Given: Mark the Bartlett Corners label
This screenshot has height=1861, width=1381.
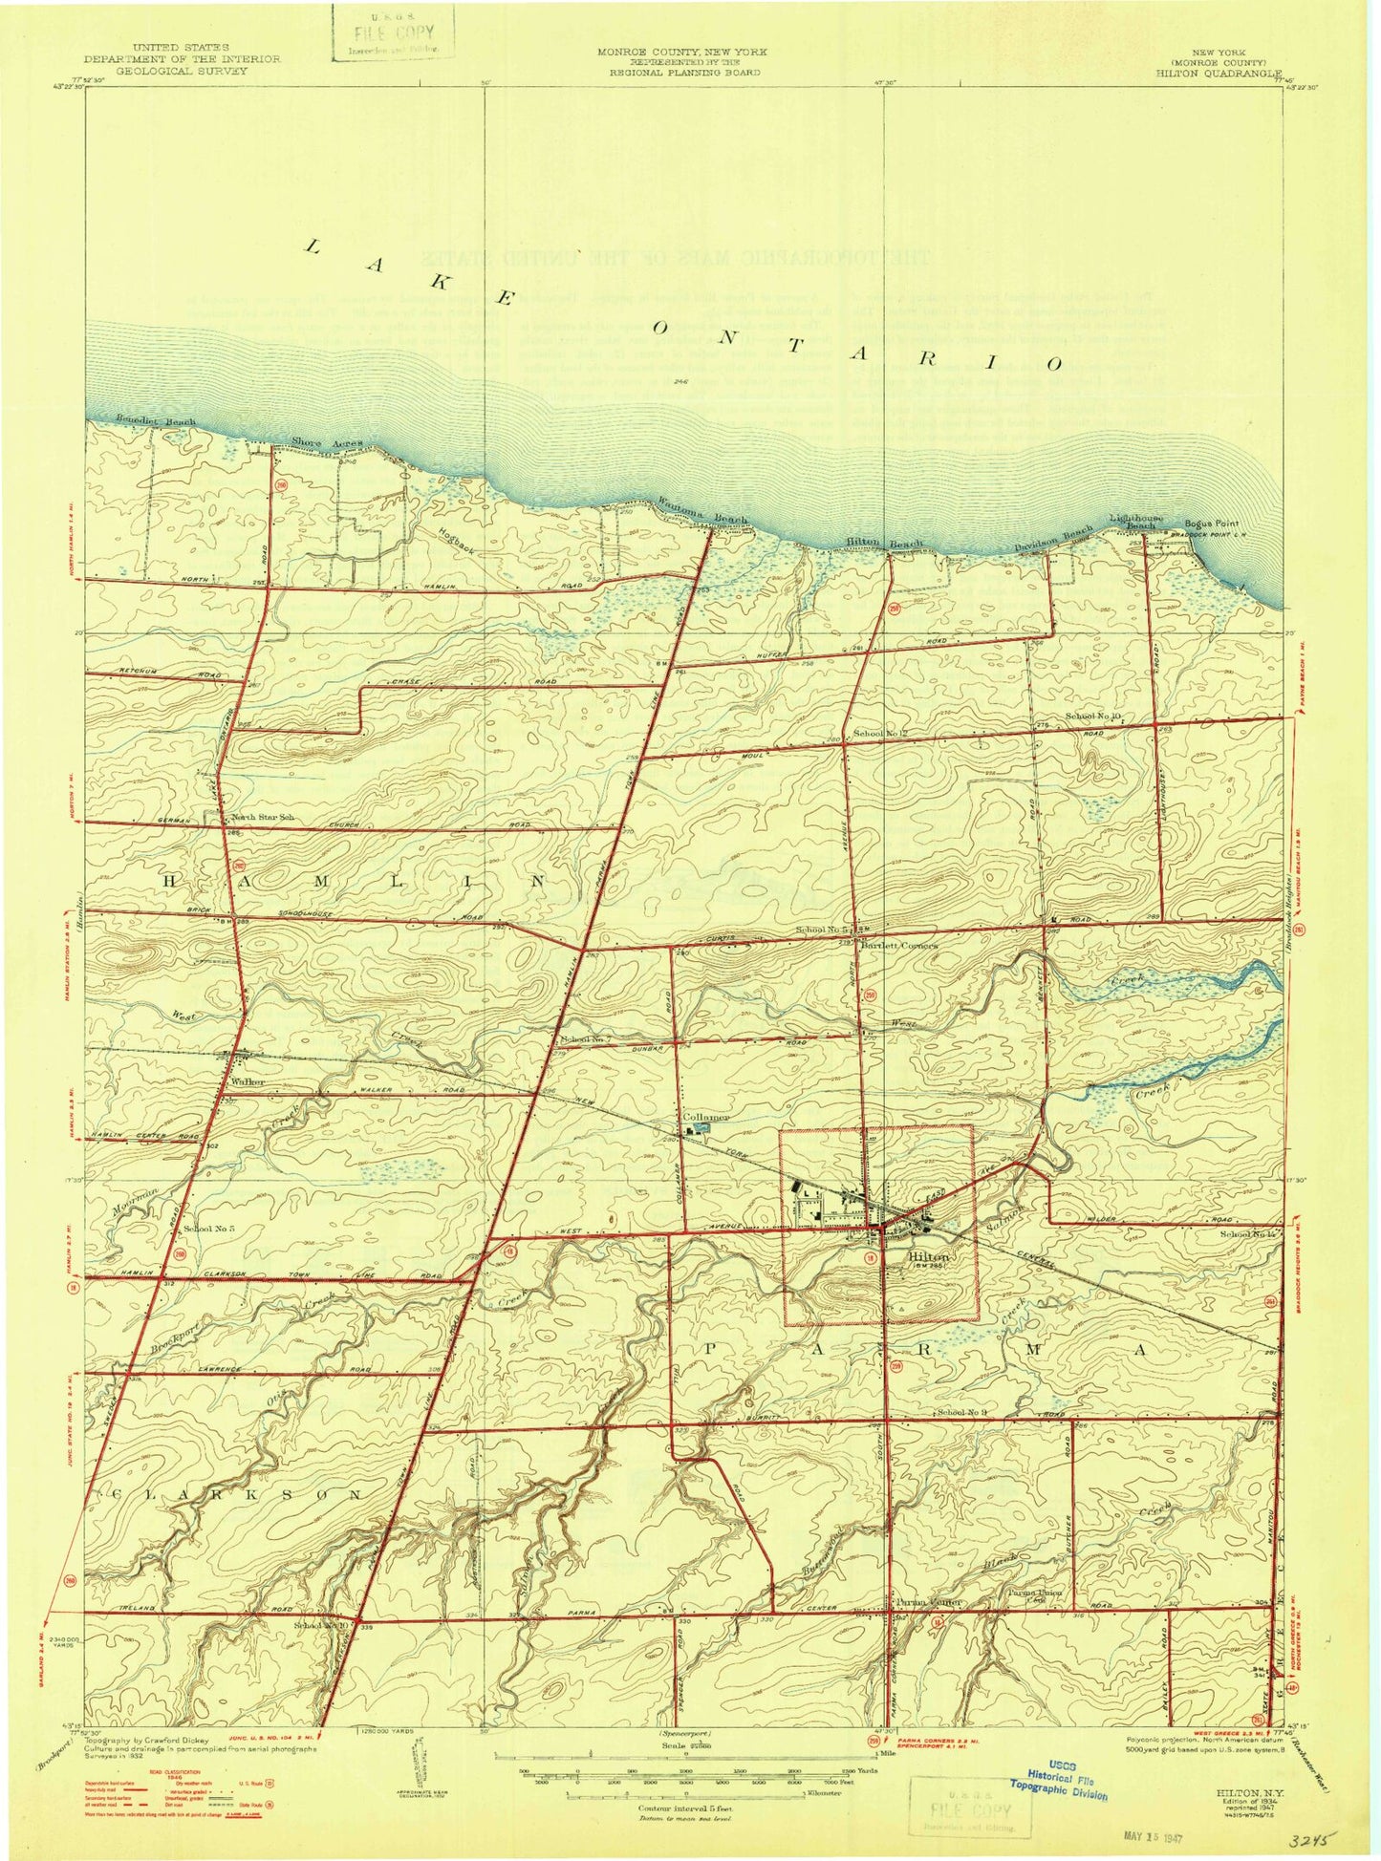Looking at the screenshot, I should pyautogui.click(x=898, y=946).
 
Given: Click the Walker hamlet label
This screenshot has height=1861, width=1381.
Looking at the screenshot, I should pyautogui.click(x=248, y=1082).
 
